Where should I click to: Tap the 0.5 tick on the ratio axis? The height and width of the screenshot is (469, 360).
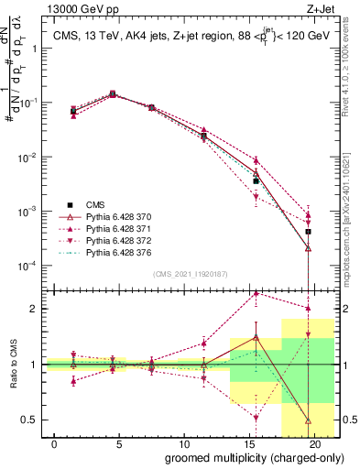click(34, 420)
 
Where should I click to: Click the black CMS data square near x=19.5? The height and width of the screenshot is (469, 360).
click(309, 232)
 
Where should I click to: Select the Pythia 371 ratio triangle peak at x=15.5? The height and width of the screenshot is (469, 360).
click(256, 293)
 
